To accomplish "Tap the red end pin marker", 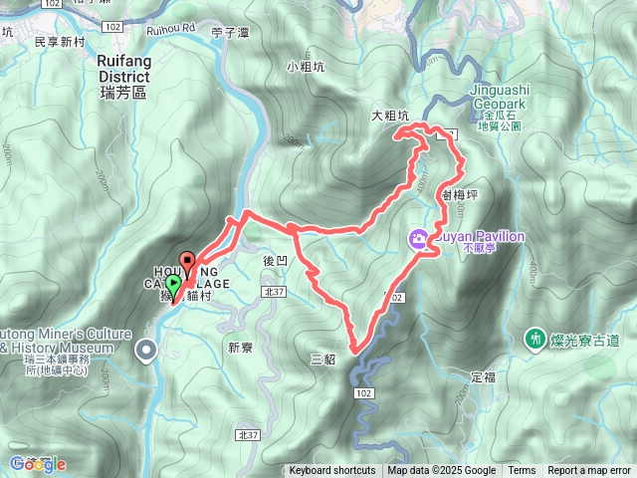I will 186,264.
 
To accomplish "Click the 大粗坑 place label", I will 390,117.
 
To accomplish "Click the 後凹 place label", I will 275,259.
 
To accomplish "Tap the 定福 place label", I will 483,376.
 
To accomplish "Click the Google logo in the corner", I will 37,463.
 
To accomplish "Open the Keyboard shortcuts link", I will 332,471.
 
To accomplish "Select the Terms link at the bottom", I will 522,471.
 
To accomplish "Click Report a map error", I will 589,471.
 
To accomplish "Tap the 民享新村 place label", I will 62,42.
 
